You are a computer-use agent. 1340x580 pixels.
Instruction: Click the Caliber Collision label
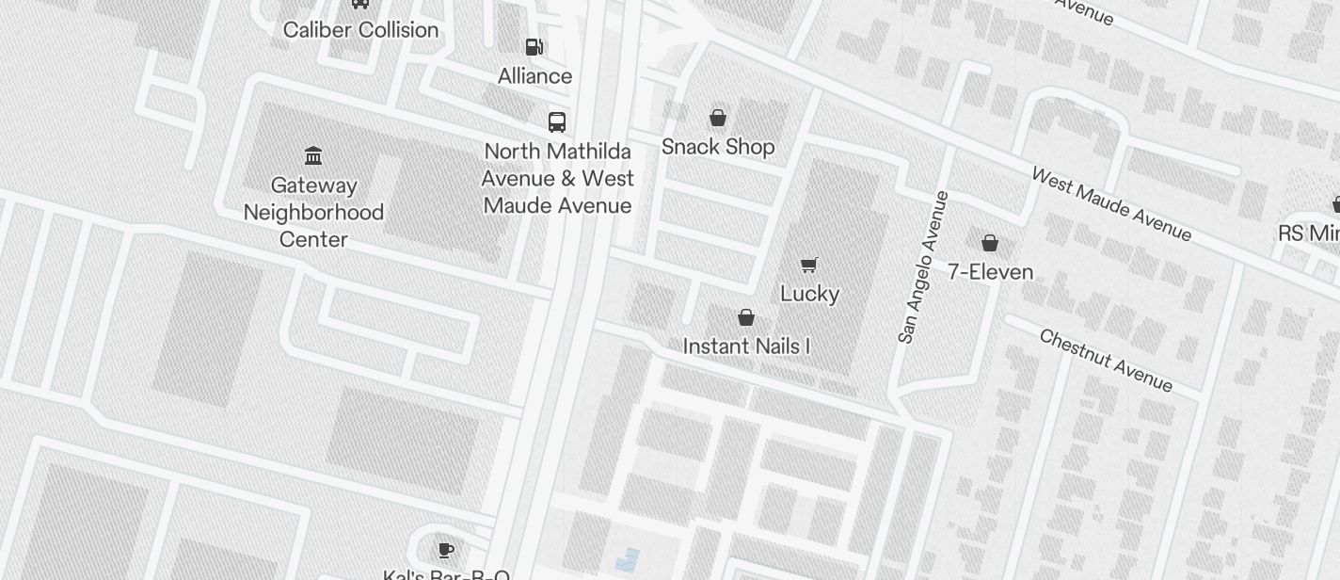361,30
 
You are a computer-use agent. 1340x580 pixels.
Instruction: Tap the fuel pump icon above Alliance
534,46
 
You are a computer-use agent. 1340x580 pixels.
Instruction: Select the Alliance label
534,76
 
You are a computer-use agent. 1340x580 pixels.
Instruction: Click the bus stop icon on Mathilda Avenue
557,121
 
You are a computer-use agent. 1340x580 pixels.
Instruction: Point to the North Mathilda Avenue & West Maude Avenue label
558,178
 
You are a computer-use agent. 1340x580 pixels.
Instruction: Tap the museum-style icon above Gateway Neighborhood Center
313,155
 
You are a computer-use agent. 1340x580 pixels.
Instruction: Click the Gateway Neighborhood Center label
313,212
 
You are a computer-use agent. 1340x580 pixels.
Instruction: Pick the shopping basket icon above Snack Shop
718,118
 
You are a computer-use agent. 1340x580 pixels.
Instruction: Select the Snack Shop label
718,147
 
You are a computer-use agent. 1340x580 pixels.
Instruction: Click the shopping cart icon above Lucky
809,265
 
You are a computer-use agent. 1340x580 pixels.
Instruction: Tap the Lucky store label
809,294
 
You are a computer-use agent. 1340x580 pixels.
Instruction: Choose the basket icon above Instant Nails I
746,317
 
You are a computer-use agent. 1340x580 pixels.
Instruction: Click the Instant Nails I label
746,346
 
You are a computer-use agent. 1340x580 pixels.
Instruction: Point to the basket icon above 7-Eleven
990,243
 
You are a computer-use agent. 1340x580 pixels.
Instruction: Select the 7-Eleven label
990,272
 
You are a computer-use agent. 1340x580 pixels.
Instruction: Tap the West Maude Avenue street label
1111,204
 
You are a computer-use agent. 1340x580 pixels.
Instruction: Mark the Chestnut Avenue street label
1106,361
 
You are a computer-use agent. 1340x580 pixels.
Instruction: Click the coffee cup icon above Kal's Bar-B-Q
446,550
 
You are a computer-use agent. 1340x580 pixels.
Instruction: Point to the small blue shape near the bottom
627,559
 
